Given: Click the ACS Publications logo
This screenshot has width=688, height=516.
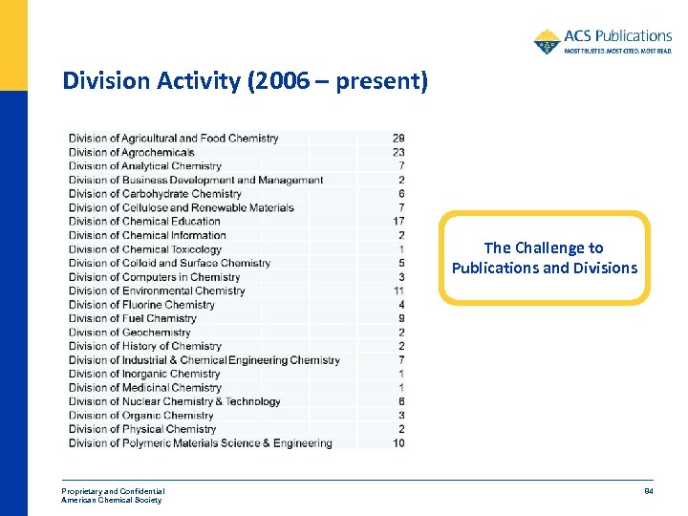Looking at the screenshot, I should (x=602, y=41).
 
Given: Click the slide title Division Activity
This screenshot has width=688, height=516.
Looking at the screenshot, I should (x=245, y=81).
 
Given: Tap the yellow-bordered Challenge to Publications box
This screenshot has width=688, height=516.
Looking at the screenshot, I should (x=545, y=258).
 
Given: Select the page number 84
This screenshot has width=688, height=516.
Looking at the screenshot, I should (x=647, y=492).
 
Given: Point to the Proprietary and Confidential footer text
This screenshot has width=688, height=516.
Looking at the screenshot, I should (x=113, y=491).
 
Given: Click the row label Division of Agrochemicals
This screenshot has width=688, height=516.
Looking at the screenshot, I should (x=131, y=152).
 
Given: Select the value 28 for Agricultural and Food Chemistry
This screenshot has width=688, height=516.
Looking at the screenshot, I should (x=398, y=139).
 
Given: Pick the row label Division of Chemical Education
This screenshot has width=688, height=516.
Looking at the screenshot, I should (x=144, y=222).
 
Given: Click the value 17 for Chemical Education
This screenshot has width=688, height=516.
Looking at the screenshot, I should (x=398, y=222).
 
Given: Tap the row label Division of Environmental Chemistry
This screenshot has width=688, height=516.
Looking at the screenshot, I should (x=157, y=290).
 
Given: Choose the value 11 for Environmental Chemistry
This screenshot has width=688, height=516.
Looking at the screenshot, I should (x=398, y=290).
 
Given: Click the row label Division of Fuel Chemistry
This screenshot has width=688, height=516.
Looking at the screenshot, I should (x=132, y=318).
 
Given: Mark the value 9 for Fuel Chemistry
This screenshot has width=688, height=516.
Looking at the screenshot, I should (x=401, y=318).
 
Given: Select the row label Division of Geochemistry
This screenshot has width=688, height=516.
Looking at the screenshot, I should (x=129, y=333).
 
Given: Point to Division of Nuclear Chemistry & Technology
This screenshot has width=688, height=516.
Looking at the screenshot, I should (x=174, y=401).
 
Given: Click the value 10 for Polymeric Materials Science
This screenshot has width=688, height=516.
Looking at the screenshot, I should (x=398, y=443).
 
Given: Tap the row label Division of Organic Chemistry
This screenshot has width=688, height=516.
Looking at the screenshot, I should (x=140, y=416).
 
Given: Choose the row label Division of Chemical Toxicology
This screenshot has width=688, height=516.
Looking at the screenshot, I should (x=144, y=249).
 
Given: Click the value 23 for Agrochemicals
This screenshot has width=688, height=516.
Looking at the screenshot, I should (x=398, y=152).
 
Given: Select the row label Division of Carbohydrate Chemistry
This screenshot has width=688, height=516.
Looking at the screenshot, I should (x=155, y=194).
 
